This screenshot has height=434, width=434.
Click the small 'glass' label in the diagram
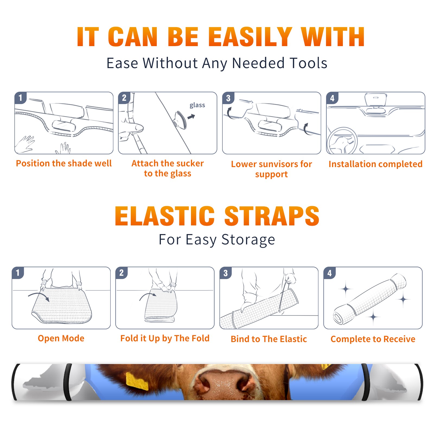pyautogui.click(x=197, y=105)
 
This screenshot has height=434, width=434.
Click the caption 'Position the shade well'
pyautogui.click(x=64, y=163)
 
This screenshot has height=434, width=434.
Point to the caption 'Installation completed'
pyautogui.click(x=375, y=164)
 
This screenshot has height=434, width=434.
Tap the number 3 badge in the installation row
pyautogui.click(x=228, y=98)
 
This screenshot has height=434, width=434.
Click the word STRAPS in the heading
pyautogui.click(x=272, y=216)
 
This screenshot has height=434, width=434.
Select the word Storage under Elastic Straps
pyautogui.click(x=248, y=240)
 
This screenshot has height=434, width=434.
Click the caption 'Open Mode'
pyautogui.click(x=61, y=338)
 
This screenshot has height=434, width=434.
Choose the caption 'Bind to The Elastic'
pyautogui.click(x=269, y=339)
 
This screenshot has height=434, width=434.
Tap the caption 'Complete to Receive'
pyautogui.click(x=373, y=339)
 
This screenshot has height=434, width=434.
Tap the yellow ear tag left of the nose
pyautogui.click(x=137, y=381)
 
